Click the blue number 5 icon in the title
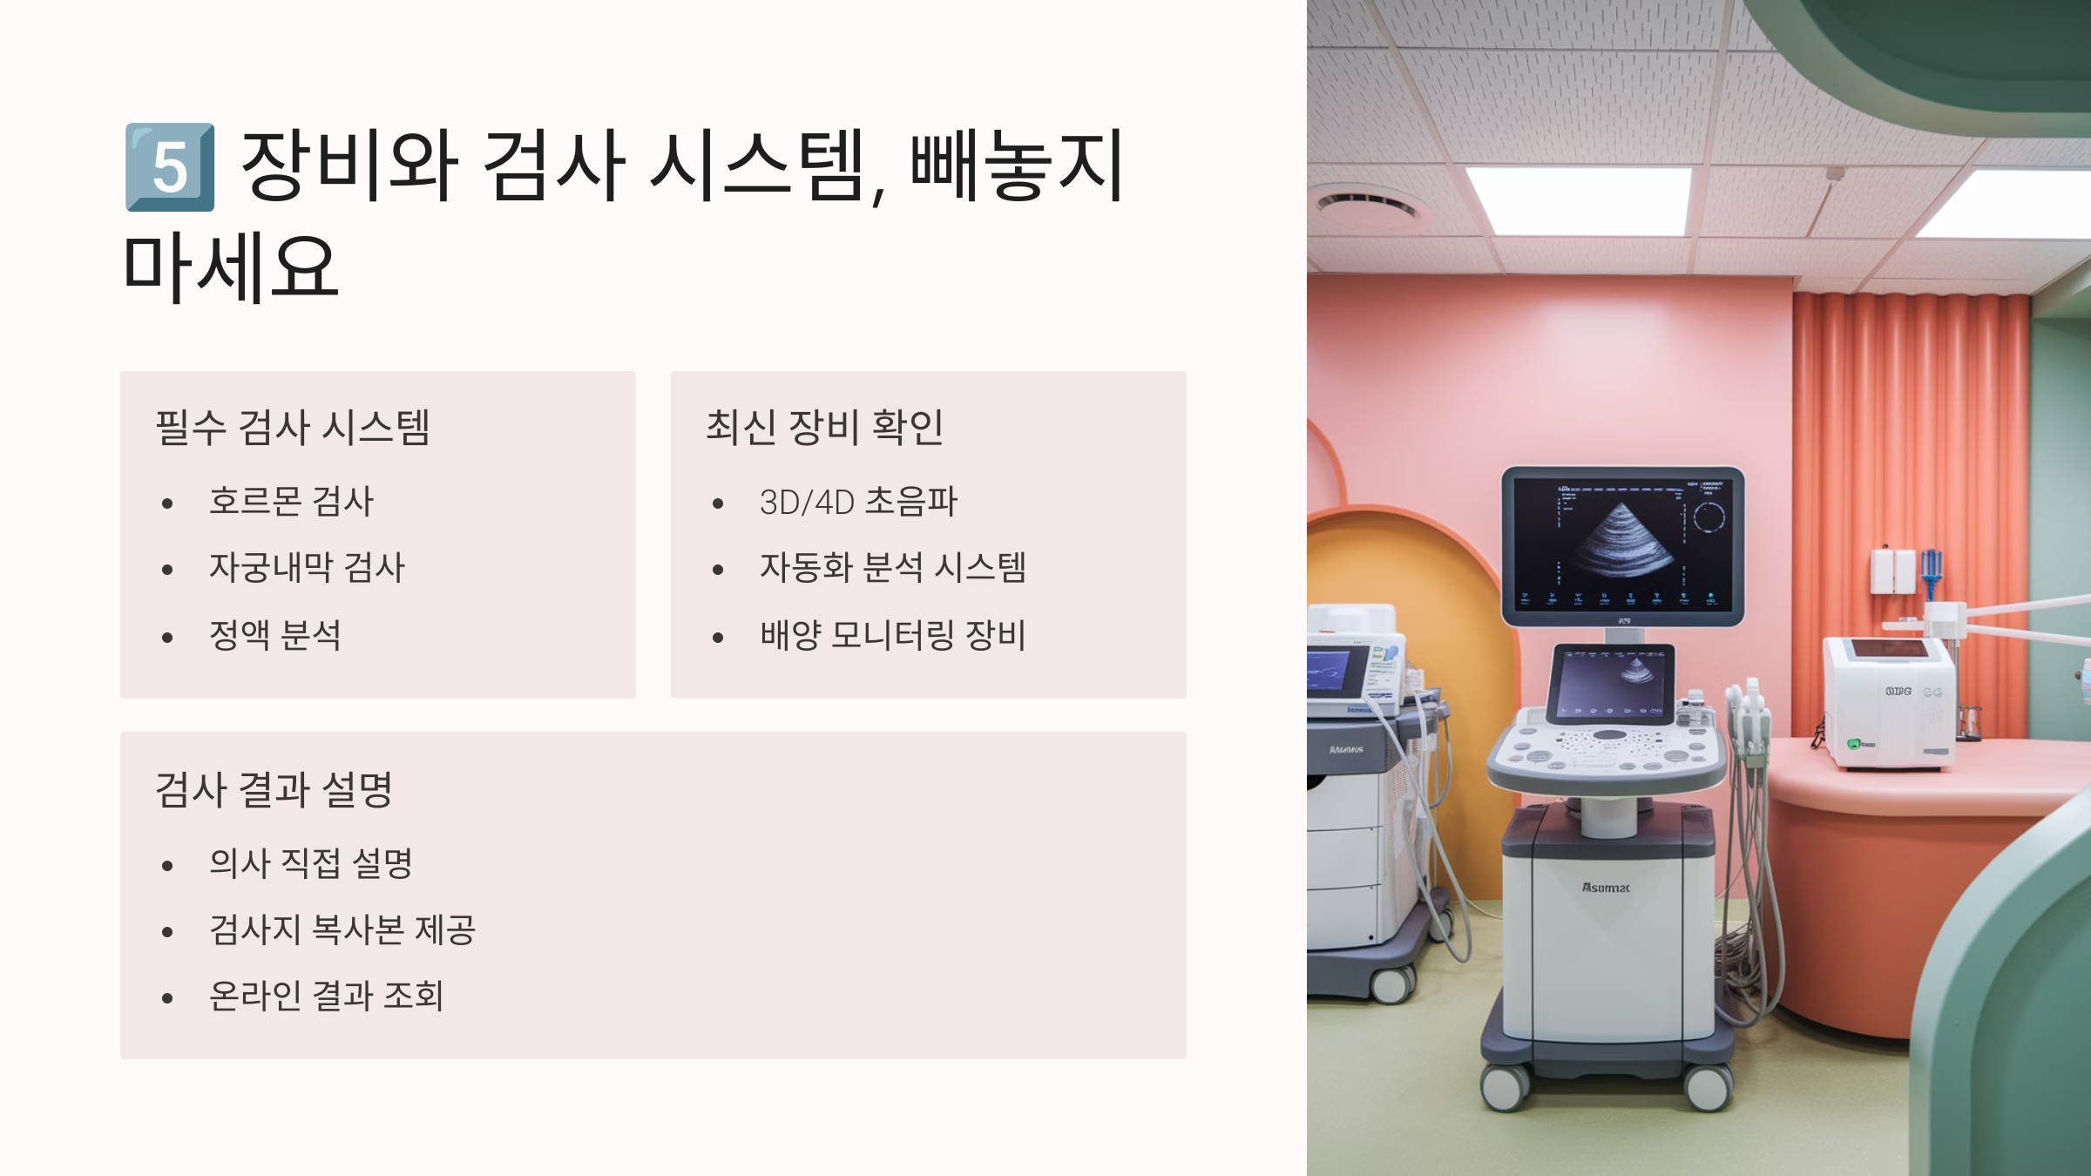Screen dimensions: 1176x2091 click(170, 167)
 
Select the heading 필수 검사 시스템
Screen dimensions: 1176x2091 click(293, 427)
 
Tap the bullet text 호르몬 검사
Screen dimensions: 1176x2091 click(291, 502)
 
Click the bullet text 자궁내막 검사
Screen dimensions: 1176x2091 click(307, 568)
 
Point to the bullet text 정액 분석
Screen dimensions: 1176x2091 click(275, 635)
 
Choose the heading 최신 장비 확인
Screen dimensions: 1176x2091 click(824, 427)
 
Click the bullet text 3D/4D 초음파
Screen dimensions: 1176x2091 click(858, 502)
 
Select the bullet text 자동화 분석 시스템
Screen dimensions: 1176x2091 click(893, 568)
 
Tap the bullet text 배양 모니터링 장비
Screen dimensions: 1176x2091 click(893, 635)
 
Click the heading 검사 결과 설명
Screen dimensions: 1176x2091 click(274, 789)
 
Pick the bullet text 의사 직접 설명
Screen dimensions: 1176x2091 click(310, 863)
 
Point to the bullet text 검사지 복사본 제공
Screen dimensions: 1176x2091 click(342, 929)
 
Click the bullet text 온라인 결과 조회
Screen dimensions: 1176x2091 click(327, 996)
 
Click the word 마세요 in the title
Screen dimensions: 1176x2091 click(231, 267)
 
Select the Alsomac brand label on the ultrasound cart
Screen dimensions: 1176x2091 click(1605, 888)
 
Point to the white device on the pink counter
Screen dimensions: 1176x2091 click(1889, 702)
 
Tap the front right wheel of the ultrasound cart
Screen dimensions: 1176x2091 click(1708, 1086)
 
